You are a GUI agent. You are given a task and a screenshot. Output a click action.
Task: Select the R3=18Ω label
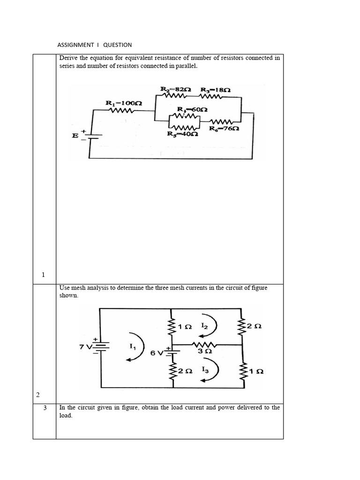point(215,89)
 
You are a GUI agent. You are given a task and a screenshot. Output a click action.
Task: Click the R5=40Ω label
point(183,134)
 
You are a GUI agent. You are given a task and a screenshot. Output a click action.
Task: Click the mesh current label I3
point(205,369)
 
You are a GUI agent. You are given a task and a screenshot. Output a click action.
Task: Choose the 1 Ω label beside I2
point(186,327)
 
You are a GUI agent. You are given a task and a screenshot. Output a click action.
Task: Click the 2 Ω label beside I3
point(186,371)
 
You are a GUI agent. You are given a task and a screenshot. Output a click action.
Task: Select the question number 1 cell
point(43,275)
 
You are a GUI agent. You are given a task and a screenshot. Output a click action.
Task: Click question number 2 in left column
point(38,396)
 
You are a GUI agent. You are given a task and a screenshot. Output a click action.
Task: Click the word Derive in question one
point(69,58)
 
